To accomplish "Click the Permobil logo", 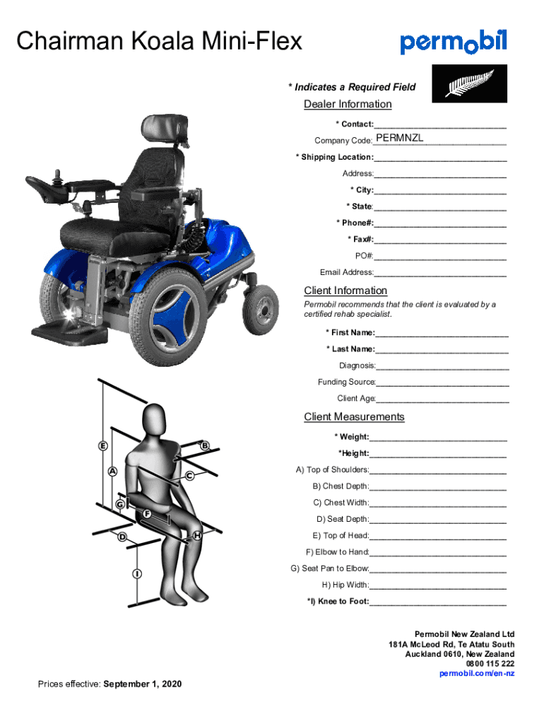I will pyautogui.click(x=454, y=42).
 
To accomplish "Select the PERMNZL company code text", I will pyautogui.click(x=400, y=138).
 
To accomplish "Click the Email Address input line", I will pyautogui.click(x=440, y=273).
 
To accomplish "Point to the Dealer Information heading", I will pyautogui.click(x=348, y=105).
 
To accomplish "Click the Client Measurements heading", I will pyautogui.click(x=354, y=417).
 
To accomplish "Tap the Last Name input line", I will pyautogui.click(x=442, y=349).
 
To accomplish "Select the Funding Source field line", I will pyautogui.click(x=442, y=383).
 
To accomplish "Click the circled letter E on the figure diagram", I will pyautogui.click(x=103, y=446).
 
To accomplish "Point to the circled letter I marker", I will pyautogui.click(x=135, y=573).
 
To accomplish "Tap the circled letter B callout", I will pyautogui.click(x=205, y=446).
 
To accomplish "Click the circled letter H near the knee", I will pyautogui.click(x=199, y=536).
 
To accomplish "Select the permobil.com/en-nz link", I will pyautogui.click(x=477, y=674).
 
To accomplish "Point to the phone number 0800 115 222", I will pyautogui.click(x=490, y=664).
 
